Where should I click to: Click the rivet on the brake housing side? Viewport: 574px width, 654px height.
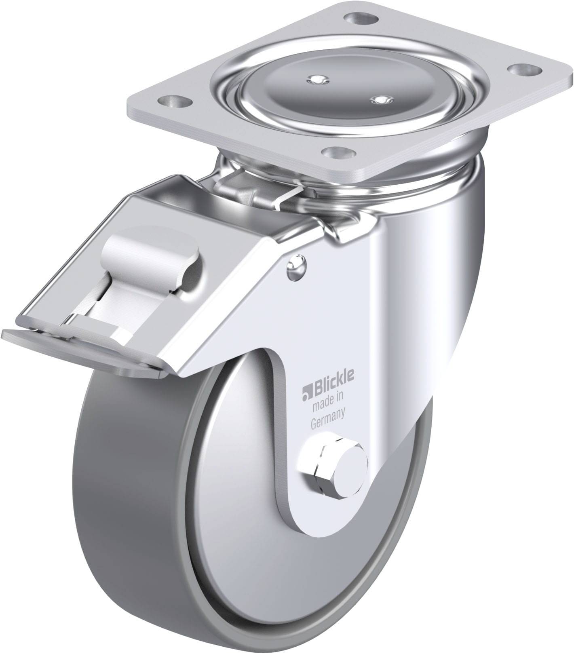pos(297,267)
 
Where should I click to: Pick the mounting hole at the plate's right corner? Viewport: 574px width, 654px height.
pos(520,70)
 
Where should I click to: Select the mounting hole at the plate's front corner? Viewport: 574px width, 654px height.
pos(338,153)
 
